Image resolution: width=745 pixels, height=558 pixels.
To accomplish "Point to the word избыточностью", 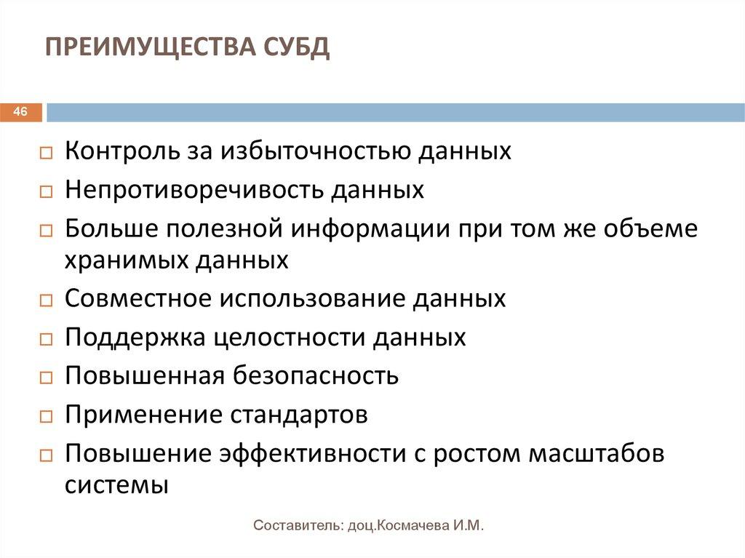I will pos(324,151).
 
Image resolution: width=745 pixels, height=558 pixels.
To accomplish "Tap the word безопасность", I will pos(317,376).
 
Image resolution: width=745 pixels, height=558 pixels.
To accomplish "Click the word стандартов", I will pos(299,415).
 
